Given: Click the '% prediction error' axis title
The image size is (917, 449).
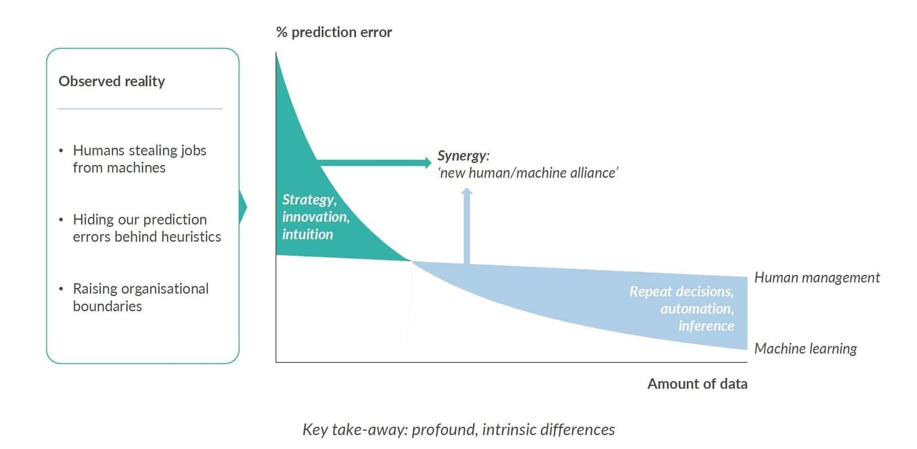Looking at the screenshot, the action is [x=334, y=32].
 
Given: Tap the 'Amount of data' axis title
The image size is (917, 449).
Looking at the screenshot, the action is [x=697, y=384].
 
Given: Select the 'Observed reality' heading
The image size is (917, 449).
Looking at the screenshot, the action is [x=112, y=81].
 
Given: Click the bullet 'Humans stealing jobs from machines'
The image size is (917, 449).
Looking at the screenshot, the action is [x=139, y=159].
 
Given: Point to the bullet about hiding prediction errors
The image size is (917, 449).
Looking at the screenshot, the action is [x=147, y=228].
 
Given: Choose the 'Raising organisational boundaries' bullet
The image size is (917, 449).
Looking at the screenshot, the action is [x=140, y=297].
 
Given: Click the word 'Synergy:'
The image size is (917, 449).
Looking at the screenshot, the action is [x=464, y=156].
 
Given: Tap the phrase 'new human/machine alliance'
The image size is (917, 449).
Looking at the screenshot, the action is [x=528, y=173].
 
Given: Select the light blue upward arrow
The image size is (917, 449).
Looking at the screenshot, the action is [x=467, y=226].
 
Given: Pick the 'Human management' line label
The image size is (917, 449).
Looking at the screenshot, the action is [x=817, y=278].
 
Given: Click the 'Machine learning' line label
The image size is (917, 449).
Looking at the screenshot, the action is [x=806, y=349].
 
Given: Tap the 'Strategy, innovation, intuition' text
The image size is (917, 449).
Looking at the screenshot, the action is [x=316, y=217].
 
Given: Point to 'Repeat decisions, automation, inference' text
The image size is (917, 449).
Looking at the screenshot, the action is [x=681, y=309].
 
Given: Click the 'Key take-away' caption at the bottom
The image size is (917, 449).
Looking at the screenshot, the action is [x=458, y=430].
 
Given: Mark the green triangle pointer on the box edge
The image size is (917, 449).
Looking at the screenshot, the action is [x=243, y=207].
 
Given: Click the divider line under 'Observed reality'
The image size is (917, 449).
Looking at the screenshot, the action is [x=140, y=109].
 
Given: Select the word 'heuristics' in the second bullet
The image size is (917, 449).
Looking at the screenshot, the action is [x=191, y=237].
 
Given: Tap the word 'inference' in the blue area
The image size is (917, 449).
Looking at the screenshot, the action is [x=706, y=326].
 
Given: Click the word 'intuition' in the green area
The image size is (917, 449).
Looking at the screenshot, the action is [x=307, y=235].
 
